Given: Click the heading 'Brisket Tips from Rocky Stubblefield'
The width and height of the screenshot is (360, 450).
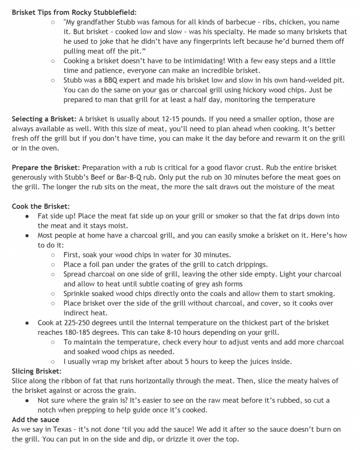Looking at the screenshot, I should (75, 11).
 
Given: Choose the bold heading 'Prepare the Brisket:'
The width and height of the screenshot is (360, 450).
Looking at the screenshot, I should (46, 168).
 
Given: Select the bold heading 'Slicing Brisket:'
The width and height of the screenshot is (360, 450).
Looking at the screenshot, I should (37, 371).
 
